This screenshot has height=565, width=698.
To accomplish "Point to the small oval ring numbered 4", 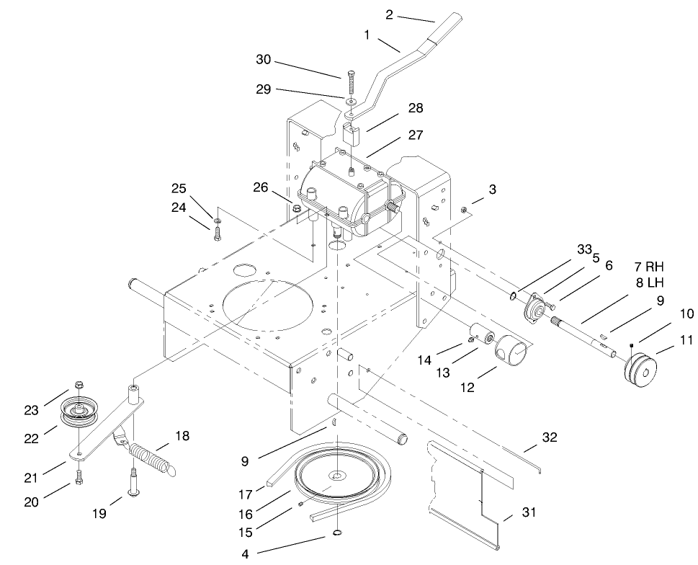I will (336, 534).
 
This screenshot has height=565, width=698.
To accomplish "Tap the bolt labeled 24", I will (215, 232).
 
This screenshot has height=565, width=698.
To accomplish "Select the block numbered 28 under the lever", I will (352, 134).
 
